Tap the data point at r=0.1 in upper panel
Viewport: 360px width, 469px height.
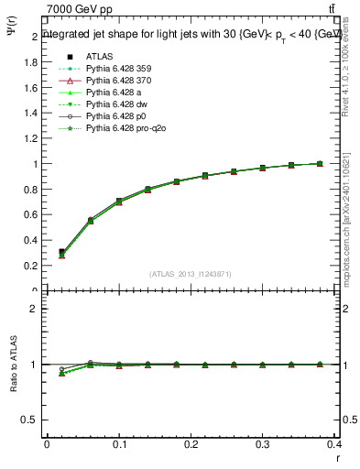[119, 201]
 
